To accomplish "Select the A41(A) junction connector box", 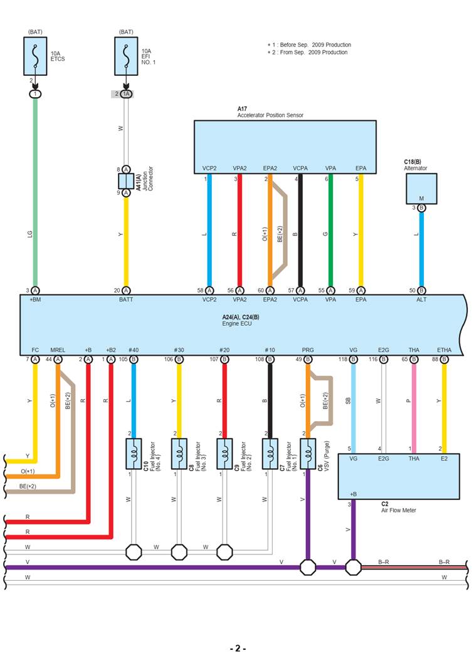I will point(126,181).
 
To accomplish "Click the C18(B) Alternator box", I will point(421,189).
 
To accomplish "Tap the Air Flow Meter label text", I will point(398,510).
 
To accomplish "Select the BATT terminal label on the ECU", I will point(126,299).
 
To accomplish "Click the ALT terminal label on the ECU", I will point(421,299).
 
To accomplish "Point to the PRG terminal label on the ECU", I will point(307,350).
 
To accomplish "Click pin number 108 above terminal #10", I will point(260,360).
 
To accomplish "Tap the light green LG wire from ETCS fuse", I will point(35,188).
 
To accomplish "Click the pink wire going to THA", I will point(413,407).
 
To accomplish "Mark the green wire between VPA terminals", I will point(330,232).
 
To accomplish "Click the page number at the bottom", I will point(237,648).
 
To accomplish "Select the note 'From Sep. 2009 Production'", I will point(308,52).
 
